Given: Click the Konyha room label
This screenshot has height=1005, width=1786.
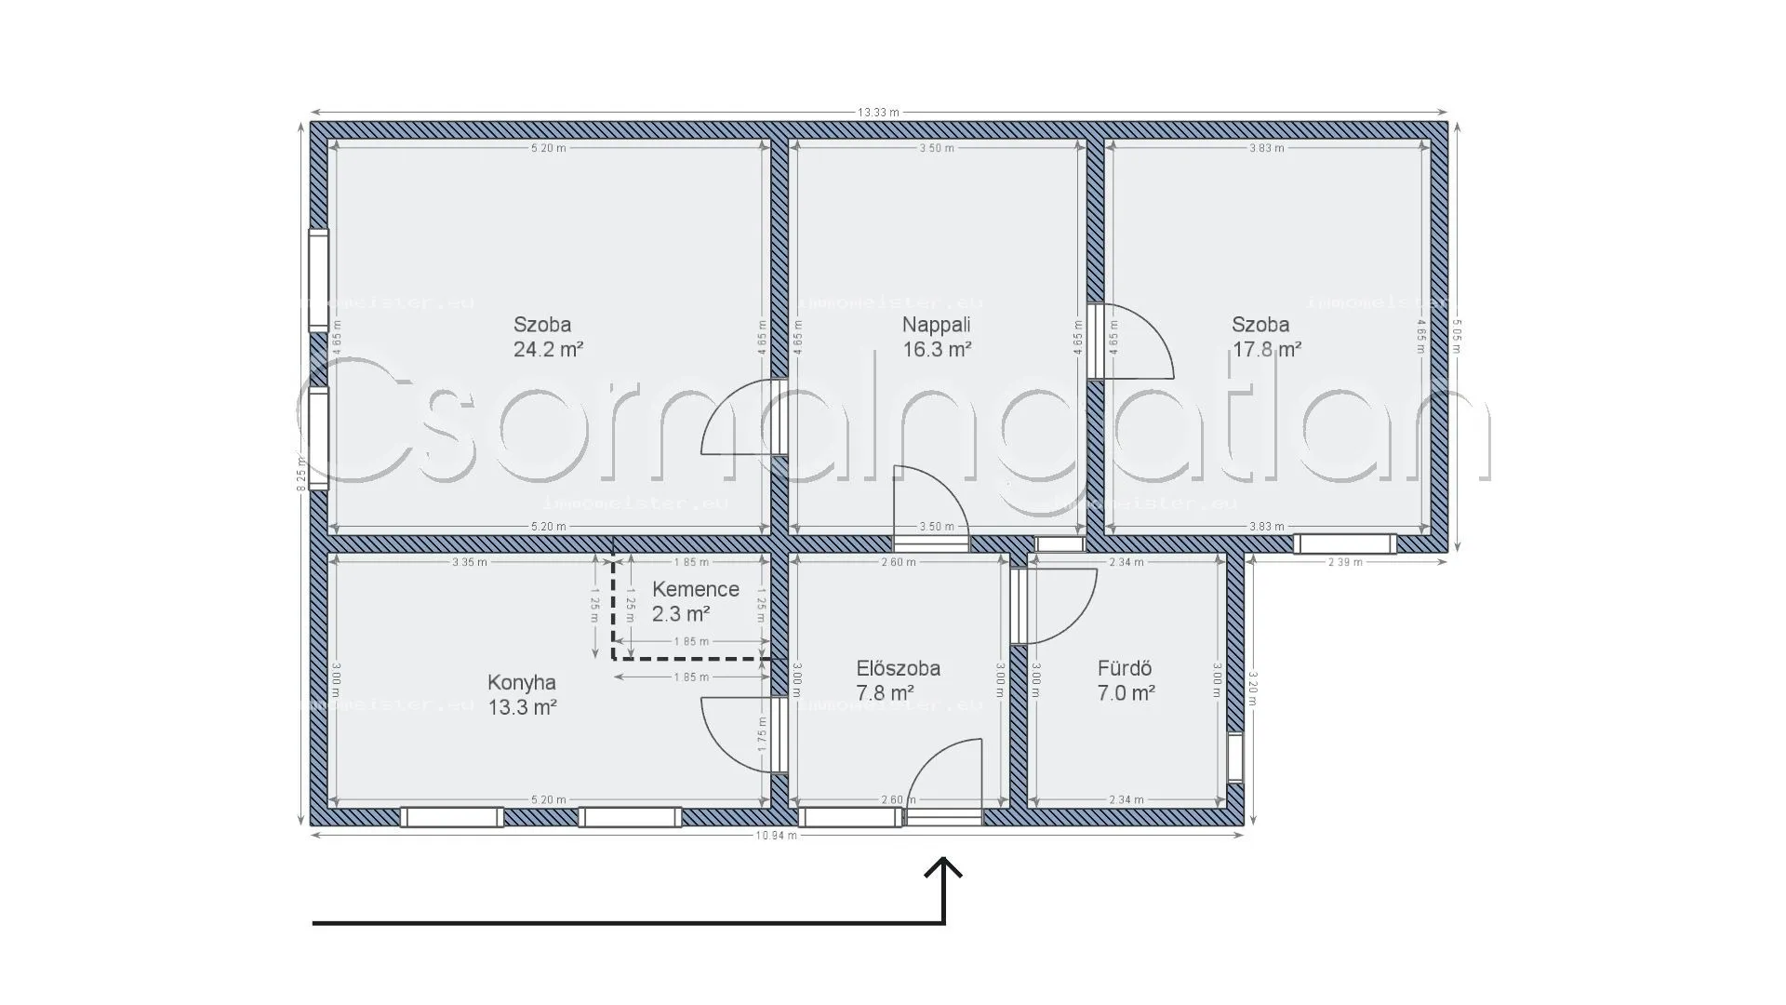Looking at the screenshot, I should pos(522,683).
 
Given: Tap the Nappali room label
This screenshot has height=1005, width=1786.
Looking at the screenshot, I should pos(936,325).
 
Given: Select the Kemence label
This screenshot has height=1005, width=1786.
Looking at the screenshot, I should pos(695,589).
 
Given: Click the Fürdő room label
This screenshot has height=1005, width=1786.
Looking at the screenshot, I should pos(1125,668).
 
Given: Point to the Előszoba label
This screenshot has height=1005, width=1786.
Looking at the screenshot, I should pos(898,668).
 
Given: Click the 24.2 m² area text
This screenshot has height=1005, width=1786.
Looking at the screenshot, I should pos(548,350).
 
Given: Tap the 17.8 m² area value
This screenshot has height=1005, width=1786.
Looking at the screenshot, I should pos(1266,350).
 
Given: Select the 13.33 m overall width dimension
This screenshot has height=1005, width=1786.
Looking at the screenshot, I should pos(878,113).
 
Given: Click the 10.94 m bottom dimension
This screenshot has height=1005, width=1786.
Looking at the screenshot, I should pos(776,836).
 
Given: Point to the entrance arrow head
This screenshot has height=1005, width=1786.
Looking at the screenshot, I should pos(944,867).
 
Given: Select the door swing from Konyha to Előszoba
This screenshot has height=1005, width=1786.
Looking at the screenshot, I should pos(738,733).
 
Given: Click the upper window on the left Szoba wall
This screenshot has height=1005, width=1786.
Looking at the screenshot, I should pos(319,280).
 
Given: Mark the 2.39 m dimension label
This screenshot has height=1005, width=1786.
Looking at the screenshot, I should pos(1344,562).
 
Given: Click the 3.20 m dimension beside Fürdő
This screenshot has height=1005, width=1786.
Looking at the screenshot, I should pos(1253,689).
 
